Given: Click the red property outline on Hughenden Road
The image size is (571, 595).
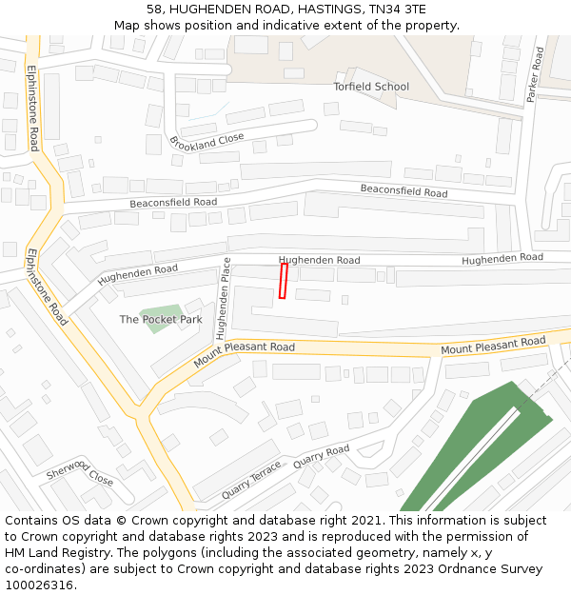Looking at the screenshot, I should (x=283, y=282).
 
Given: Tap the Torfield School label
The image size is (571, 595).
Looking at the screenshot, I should (x=371, y=87).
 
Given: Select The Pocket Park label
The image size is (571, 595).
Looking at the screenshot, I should (x=160, y=320).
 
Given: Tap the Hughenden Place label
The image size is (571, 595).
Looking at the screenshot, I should (x=223, y=299).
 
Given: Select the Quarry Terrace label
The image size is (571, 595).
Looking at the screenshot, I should (x=251, y=481).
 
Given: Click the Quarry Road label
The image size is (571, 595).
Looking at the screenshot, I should (x=322, y=456).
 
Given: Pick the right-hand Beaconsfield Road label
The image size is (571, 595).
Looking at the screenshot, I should (x=404, y=191).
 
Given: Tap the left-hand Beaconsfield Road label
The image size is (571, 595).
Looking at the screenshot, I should (x=173, y=203).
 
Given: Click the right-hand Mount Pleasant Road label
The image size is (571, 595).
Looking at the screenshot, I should (x=493, y=346).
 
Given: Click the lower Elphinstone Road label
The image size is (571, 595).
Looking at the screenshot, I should (x=47, y=288).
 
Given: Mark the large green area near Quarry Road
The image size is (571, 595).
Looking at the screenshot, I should (x=476, y=447).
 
